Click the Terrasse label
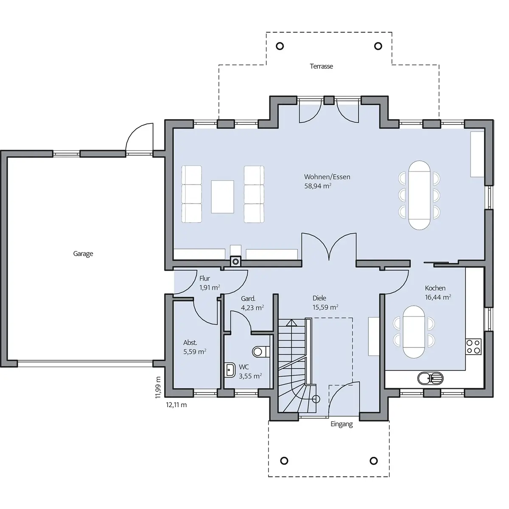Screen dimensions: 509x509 click(x=321, y=66)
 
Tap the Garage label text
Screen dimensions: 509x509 click(x=83, y=254)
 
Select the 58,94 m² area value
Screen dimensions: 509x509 click(x=318, y=186)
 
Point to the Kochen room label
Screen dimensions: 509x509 click(x=435, y=288)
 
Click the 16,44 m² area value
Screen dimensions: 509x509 click(x=438, y=297)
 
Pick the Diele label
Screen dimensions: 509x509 click(x=319, y=298)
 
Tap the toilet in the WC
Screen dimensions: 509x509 click(x=261, y=352)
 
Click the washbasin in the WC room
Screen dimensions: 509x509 click(x=230, y=370)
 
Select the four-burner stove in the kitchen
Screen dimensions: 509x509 click(x=473, y=347)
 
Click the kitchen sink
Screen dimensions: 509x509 click(x=430, y=378)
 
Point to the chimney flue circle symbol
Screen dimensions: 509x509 click(x=235, y=262)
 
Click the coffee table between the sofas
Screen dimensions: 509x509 click(x=222, y=196)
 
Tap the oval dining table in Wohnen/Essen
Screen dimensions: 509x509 click(x=419, y=195)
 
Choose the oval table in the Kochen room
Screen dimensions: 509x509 click(x=414, y=332)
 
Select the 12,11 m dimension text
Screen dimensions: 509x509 click(x=176, y=405)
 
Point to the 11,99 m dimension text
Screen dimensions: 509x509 click(x=158, y=388)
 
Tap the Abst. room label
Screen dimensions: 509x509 click(x=190, y=343)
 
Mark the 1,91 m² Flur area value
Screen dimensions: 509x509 click(x=210, y=288)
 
